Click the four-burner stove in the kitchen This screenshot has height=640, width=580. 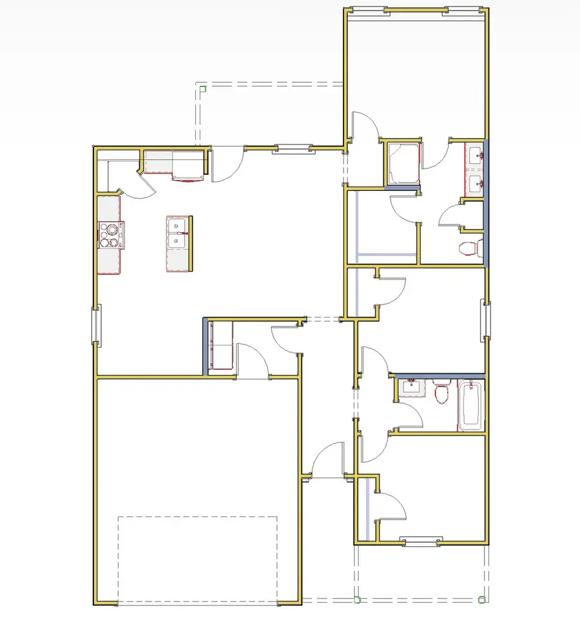[110, 235]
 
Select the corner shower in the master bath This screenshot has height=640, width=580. [403, 163]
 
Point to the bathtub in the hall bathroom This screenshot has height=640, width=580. [471, 405]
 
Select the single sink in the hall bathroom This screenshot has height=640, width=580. [410, 389]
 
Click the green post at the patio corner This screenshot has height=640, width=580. [202, 88]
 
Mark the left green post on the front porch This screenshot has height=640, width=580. [357, 599]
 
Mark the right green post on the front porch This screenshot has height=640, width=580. [481, 599]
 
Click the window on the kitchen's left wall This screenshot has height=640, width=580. [95, 325]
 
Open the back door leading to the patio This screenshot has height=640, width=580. [227, 164]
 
